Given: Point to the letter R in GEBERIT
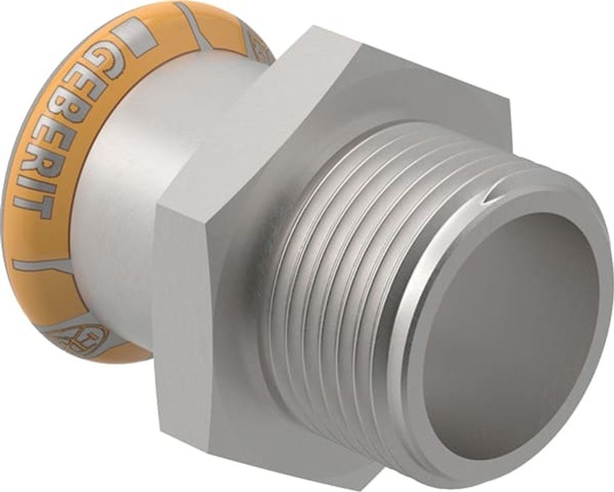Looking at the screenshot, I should [47, 162].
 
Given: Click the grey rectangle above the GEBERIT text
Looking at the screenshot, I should [135, 37].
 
